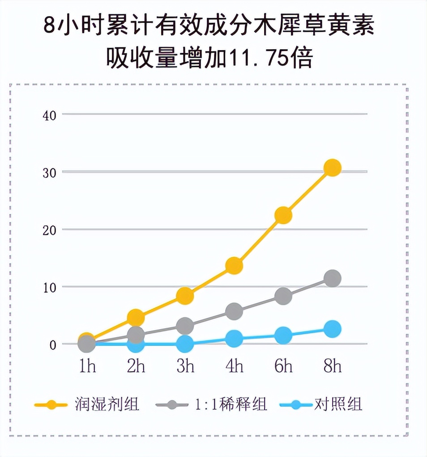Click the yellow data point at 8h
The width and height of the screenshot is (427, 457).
click(x=333, y=168)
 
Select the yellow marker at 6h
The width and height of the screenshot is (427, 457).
click(x=283, y=216)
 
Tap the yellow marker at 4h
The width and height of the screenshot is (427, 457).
click(x=234, y=266)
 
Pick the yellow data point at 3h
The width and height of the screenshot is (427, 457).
click(x=185, y=296)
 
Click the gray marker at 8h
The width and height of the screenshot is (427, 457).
click(x=333, y=279)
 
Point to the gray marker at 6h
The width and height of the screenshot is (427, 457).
click(x=283, y=296)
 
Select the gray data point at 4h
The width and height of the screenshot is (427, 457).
click(x=234, y=311)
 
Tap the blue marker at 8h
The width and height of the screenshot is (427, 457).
click(x=333, y=329)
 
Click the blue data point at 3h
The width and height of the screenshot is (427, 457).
click(x=185, y=344)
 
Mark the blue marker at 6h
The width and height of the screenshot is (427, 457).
click(x=283, y=335)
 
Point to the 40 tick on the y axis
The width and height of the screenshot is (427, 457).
click(x=49, y=114)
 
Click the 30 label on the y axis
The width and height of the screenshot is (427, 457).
click(x=49, y=172)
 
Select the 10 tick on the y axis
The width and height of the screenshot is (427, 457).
click(x=49, y=287)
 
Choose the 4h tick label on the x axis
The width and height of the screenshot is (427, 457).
click(x=234, y=366)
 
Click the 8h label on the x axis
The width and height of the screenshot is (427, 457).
click(x=333, y=366)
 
